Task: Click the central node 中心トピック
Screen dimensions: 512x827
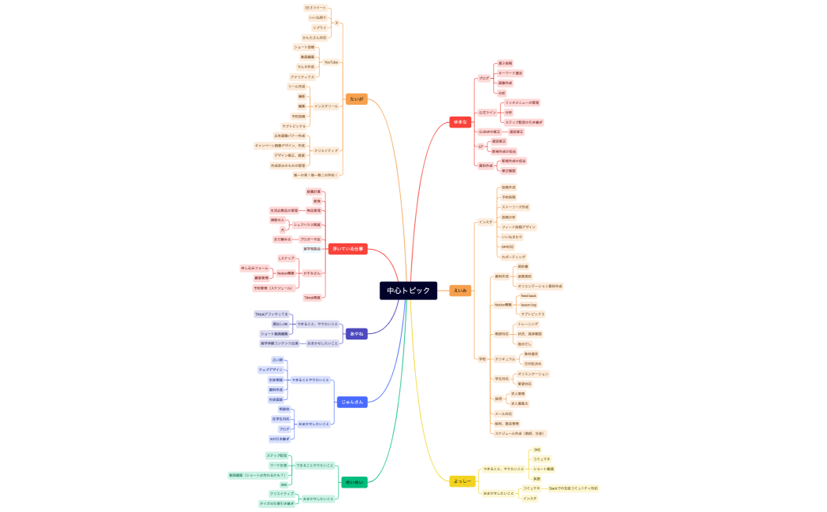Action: point(408,291)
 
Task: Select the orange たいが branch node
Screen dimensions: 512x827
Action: point(356,99)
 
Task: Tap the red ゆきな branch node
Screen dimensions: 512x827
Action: point(460,122)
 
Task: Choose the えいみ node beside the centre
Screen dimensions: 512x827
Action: point(460,291)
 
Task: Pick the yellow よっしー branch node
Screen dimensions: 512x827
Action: point(462,481)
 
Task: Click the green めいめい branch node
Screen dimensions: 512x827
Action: point(354,482)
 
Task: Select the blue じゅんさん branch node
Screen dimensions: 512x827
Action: point(352,402)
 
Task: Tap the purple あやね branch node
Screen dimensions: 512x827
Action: point(356,333)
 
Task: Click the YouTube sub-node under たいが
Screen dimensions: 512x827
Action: point(331,62)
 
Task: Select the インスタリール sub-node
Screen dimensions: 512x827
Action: point(326,106)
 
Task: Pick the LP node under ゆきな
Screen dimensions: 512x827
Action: point(480,147)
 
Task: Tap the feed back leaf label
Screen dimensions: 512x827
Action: point(528,295)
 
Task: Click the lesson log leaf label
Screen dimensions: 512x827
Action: point(528,305)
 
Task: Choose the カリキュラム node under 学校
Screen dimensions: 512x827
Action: point(505,358)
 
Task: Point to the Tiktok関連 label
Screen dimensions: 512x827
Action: point(313,298)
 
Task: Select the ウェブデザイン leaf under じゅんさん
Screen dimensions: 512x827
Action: point(271,369)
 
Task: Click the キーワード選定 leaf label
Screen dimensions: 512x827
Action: point(510,73)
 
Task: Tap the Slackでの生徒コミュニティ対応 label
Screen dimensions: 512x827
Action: point(573,488)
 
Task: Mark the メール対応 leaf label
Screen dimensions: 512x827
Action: point(503,414)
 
